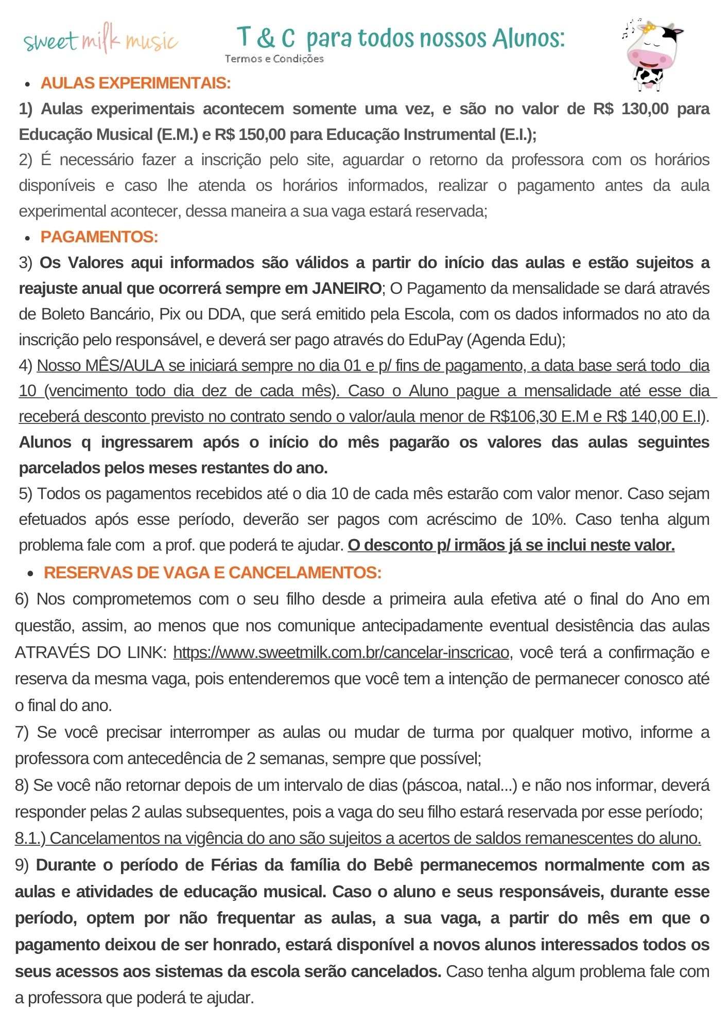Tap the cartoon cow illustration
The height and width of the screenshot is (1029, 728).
(651, 54)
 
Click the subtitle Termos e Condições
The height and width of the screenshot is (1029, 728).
(274, 59)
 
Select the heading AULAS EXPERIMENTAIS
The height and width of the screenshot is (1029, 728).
(135, 83)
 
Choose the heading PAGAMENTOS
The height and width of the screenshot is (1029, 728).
(99, 237)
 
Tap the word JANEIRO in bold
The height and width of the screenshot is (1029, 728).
(346, 288)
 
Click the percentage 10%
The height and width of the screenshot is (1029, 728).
(548, 519)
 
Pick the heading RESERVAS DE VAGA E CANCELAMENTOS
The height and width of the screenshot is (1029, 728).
(213, 573)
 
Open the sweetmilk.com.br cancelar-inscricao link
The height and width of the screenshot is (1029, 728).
(341, 652)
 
